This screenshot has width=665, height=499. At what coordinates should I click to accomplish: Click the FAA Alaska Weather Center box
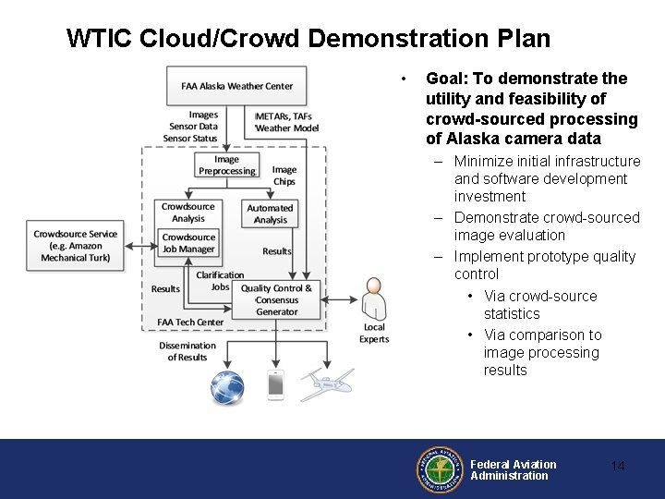coord(236,86)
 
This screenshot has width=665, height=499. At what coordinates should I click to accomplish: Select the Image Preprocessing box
coord(226,165)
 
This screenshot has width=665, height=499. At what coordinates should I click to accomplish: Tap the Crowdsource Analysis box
coord(187,213)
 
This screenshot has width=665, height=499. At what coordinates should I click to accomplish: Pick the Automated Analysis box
coord(270,214)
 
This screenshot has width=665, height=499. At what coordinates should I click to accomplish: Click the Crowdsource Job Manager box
coord(188,243)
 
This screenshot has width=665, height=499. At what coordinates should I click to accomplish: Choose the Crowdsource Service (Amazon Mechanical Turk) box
coord(76,246)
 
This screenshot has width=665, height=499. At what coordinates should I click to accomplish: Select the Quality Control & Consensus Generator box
coord(277,300)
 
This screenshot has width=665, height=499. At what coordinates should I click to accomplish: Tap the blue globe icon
coord(226,385)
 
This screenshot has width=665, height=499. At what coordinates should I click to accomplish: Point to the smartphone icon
coord(275,385)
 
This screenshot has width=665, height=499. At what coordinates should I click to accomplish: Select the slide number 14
coord(618,467)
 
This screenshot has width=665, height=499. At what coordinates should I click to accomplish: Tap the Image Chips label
coord(284,176)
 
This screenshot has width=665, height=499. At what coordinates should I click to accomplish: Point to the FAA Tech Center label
coord(190,323)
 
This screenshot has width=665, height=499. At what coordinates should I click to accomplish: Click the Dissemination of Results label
coord(187,351)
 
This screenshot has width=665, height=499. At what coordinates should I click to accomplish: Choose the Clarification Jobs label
coord(220,281)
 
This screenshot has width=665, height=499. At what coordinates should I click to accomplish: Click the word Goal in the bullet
coord(443,79)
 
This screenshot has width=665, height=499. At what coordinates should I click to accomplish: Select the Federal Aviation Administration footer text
coord(513,469)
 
